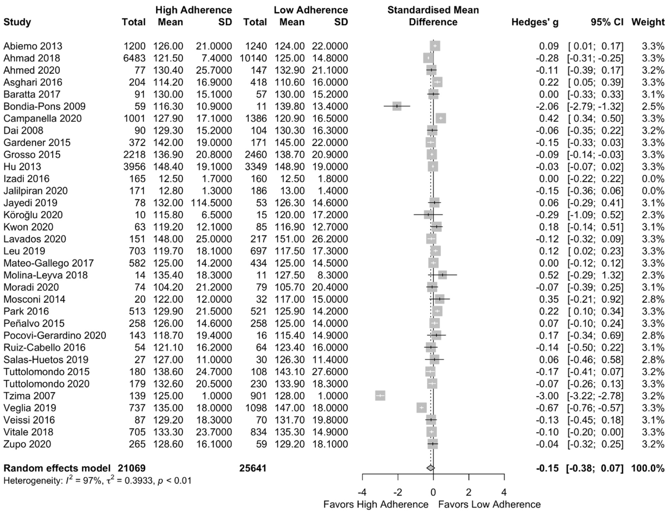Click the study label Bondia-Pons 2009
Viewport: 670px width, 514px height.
(44, 106)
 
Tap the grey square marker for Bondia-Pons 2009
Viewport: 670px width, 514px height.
(397, 106)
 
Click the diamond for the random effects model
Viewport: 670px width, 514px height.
(430, 468)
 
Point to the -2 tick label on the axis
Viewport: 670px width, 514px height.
(397, 493)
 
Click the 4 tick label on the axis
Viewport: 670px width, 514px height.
(504, 493)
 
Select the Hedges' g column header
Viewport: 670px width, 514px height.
(535, 22)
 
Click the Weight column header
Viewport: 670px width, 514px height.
(648, 22)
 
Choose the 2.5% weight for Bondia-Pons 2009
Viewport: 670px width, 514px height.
(653, 106)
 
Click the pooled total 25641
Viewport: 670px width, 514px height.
(253, 468)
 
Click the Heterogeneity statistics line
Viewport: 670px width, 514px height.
(97, 481)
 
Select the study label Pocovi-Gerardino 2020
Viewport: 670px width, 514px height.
(55, 335)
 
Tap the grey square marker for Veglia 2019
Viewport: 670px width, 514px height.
(421, 408)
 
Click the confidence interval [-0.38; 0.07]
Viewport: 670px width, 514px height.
(595, 468)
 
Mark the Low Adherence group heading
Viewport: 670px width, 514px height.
(311, 10)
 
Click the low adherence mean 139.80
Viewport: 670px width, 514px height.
(289, 106)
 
